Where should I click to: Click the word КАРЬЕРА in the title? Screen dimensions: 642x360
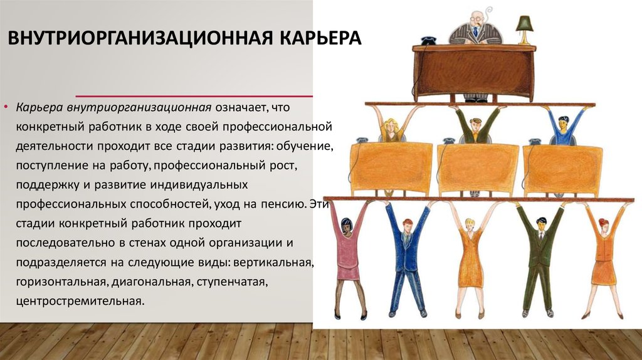(320, 38)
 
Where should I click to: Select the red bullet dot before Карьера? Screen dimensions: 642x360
(6, 107)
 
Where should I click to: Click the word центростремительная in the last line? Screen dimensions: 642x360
(80, 302)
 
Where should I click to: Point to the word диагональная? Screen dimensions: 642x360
(152, 282)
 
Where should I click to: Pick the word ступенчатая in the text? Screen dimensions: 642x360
(232, 282)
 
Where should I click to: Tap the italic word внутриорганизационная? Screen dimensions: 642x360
(139, 108)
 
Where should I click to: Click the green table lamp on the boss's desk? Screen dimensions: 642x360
(524, 29)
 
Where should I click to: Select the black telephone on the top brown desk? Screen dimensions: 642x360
(428, 41)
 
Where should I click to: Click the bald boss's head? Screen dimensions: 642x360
(476, 19)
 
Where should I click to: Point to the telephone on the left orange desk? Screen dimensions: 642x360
(361, 140)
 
